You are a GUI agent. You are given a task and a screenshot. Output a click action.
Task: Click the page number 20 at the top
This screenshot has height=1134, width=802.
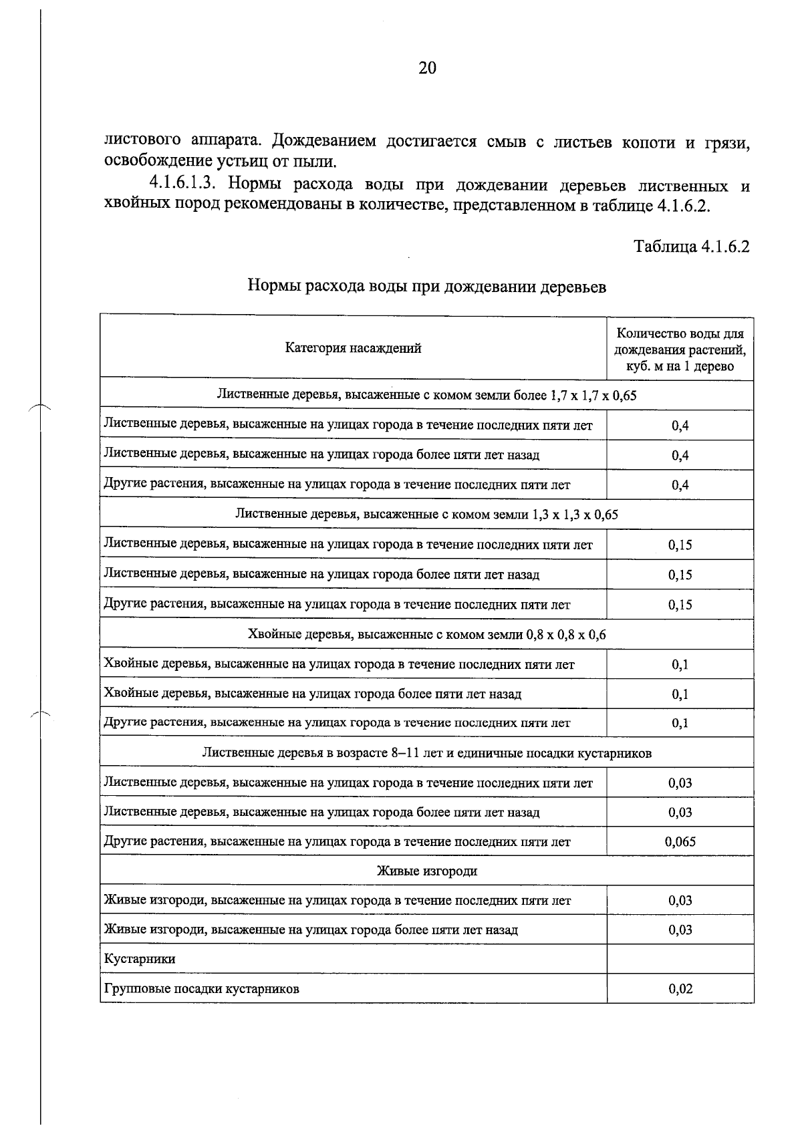427,68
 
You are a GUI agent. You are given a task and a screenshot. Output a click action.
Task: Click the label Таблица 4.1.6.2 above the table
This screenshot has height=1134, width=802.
691,247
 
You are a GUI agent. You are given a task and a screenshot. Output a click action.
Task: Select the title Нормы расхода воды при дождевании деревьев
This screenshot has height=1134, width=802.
427,287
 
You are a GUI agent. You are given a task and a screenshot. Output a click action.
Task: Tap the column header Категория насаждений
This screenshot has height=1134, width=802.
353,348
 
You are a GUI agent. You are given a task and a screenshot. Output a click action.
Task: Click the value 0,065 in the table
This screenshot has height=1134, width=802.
680,842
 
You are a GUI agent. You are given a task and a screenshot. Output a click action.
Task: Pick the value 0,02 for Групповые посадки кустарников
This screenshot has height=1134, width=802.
680,989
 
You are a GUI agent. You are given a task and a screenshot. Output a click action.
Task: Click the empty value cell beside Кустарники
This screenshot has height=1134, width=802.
680,959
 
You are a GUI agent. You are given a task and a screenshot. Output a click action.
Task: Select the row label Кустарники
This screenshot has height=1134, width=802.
140,959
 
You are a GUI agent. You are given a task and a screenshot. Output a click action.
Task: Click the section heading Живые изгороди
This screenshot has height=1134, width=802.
427,871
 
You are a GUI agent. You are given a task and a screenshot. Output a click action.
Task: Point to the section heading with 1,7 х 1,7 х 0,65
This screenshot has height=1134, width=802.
427,396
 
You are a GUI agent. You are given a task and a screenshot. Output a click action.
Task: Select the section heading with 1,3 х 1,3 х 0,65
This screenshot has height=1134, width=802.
427,515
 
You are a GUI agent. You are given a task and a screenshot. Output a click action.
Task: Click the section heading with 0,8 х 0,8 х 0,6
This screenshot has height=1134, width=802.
427,634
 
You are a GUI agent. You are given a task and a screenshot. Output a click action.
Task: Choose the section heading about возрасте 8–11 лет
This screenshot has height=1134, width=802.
427,753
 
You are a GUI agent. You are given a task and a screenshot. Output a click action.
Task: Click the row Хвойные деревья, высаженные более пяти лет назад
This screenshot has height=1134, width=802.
313,694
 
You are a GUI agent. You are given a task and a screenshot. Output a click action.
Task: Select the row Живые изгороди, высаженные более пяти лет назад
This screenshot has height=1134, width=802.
311,930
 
